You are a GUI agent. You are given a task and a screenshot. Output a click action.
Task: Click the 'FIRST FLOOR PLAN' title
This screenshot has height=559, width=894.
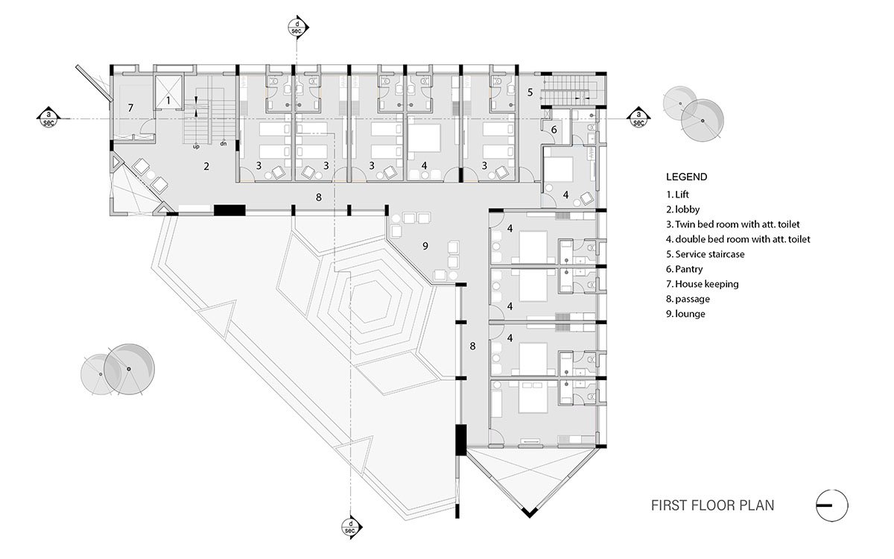(712, 505)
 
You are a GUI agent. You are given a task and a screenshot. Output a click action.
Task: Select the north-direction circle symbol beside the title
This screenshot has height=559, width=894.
(831, 506)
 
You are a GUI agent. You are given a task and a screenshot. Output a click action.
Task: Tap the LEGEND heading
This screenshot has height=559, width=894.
(686, 177)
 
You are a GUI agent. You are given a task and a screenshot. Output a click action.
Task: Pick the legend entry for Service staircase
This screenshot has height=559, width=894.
(705, 254)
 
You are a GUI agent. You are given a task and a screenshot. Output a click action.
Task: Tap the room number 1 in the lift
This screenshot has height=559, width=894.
(168, 99)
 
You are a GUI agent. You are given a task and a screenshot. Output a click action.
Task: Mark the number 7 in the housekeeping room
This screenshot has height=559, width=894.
(130, 108)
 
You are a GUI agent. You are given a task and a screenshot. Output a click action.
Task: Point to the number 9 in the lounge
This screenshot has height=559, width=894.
(425, 246)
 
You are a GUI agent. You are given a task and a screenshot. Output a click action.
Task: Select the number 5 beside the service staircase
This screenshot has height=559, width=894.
(530, 93)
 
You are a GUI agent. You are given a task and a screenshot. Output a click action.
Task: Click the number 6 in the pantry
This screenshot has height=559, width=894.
(554, 129)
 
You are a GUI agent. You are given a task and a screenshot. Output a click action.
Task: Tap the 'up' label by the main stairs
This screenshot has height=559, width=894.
(196, 146)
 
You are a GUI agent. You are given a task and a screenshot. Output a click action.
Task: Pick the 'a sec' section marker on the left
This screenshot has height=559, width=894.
(49, 117)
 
